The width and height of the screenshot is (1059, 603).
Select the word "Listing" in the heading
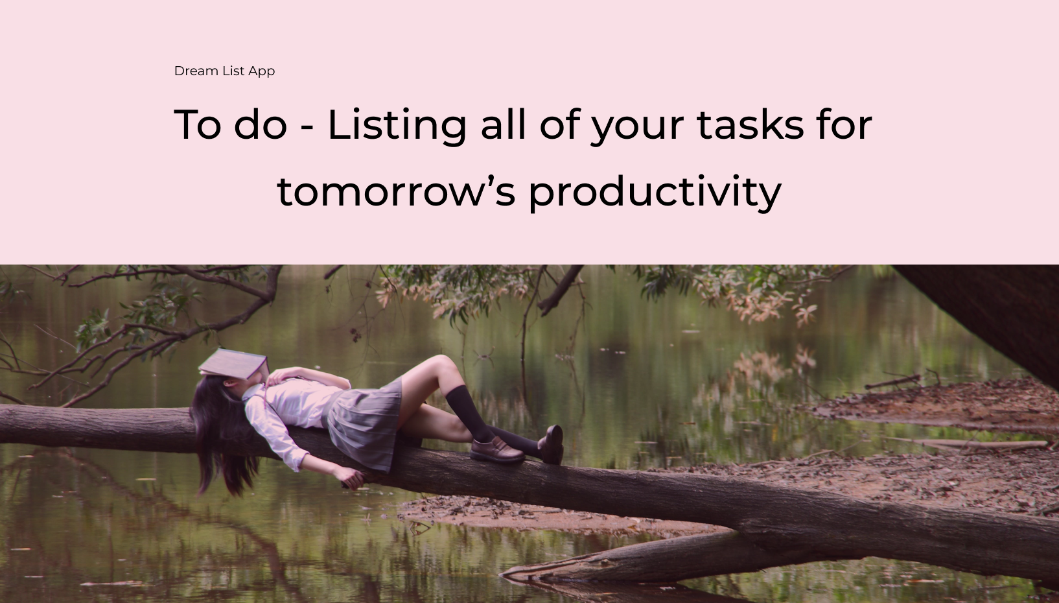point(397,126)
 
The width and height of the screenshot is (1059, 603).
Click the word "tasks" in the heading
point(751,124)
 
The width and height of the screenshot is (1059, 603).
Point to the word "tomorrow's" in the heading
point(396,191)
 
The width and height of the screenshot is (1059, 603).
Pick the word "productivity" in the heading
point(655,192)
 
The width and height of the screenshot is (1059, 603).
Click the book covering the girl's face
point(234,364)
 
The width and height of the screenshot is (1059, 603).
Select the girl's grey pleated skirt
point(364,425)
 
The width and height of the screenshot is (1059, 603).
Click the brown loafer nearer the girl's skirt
point(496,450)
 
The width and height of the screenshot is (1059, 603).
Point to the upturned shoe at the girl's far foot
point(552,444)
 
